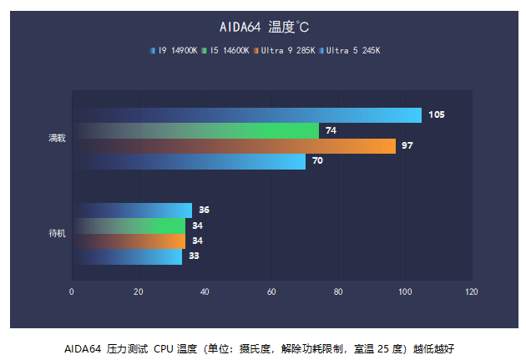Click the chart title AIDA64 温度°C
263,28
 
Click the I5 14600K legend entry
225,50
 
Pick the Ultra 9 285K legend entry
285,50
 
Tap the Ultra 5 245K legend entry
350,50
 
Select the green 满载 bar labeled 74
195,130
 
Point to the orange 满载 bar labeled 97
234,146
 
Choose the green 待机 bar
129,226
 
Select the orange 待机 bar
129,241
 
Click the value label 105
436,115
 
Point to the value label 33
194,256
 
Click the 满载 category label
57,138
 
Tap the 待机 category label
57,233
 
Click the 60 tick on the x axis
271,292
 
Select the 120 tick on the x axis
472,292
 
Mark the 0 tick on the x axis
72,292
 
